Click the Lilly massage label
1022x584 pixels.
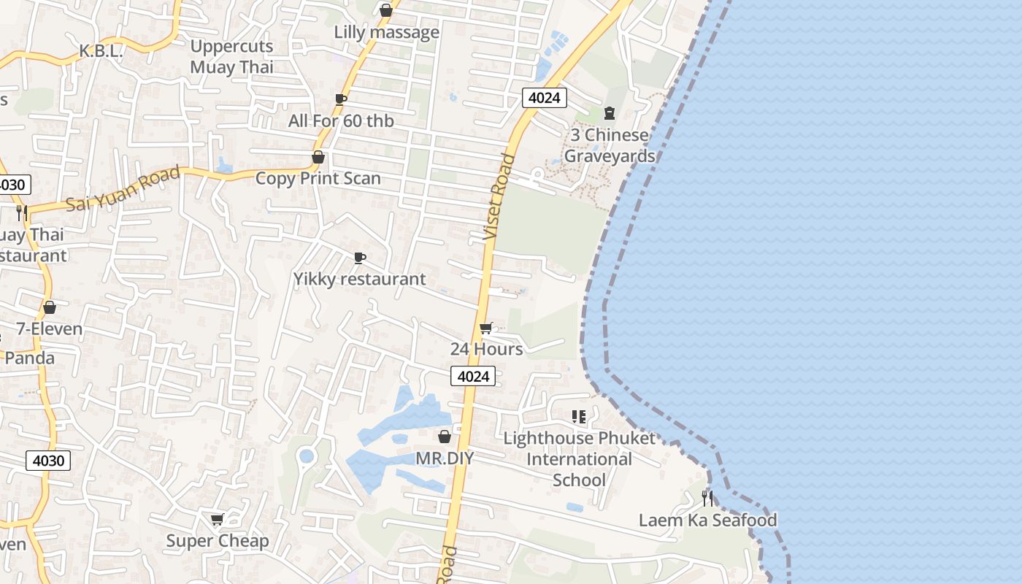point(386,32)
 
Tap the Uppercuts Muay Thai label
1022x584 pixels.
point(231,56)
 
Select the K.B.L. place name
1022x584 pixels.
point(101,51)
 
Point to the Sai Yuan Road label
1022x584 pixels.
point(123,189)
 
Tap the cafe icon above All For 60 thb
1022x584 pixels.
point(340,99)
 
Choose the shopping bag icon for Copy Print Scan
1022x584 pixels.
point(318,157)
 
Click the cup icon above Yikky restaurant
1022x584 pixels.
point(359,258)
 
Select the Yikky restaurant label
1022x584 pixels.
point(359,279)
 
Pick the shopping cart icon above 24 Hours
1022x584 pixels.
point(486,328)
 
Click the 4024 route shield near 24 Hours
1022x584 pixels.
point(473,376)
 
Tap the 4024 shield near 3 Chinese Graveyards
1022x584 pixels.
point(545,98)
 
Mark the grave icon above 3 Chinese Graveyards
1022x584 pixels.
point(610,113)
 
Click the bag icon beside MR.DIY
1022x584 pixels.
point(444,437)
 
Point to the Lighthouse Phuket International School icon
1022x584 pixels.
point(579,417)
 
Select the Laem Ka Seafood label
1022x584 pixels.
point(707,520)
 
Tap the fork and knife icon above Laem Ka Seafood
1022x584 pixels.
point(707,499)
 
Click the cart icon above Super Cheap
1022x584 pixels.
point(217,520)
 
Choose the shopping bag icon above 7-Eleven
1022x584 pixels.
point(50,307)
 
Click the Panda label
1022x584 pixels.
point(29,358)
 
